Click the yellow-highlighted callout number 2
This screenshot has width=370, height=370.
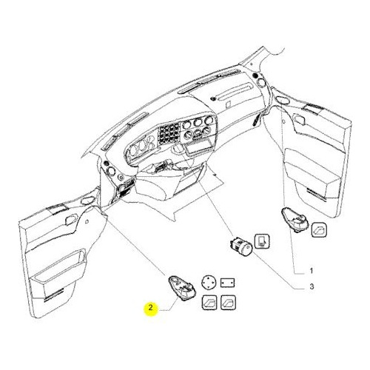(150, 308)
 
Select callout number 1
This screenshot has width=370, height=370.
(312, 271)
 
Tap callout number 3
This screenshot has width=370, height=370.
(312, 286)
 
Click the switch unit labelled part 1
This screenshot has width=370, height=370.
(295, 220)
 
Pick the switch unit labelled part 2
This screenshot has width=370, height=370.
(182, 288)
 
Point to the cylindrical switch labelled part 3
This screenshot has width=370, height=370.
(240, 247)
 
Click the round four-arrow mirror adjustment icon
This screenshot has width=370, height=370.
(209, 282)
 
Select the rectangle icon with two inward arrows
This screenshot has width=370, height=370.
(227, 283)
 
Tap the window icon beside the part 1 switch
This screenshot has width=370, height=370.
(320, 230)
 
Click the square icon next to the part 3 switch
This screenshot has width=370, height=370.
(262, 240)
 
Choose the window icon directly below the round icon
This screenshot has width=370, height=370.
(209, 303)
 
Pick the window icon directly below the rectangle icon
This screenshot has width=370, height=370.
(228, 302)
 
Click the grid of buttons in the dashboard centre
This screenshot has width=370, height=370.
(169, 133)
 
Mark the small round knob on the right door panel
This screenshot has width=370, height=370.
(284, 121)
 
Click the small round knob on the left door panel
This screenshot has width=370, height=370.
(87, 222)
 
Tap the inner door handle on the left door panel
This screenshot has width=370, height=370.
(71, 219)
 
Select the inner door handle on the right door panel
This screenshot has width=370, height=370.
(299, 118)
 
